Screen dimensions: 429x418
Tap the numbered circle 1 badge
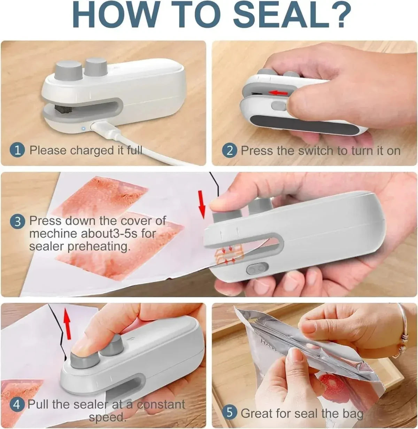pos(17,150)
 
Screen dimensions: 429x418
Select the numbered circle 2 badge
pos(230,150)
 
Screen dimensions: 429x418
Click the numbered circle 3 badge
pos(18,221)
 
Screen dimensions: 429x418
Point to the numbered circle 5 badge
pos(230,413)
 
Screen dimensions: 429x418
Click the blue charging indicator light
pos(83,129)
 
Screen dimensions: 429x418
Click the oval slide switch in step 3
pos(257,269)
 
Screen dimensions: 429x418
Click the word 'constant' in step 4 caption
pos(161,404)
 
